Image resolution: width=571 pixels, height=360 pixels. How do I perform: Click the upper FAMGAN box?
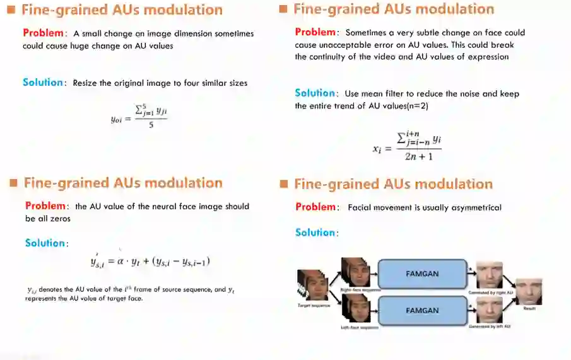(421, 274)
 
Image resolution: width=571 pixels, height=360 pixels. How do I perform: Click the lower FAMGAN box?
(421, 311)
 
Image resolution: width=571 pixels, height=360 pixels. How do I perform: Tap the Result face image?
(529, 291)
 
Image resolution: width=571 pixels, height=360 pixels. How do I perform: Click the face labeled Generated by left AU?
(489, 311)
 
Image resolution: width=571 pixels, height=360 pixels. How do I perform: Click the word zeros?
(61, 218)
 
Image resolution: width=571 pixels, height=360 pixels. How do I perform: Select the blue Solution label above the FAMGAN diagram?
(317, 233)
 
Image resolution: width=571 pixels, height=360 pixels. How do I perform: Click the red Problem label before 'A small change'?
(44, 33)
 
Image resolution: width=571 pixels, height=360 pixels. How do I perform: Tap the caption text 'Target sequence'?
(314, 305)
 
